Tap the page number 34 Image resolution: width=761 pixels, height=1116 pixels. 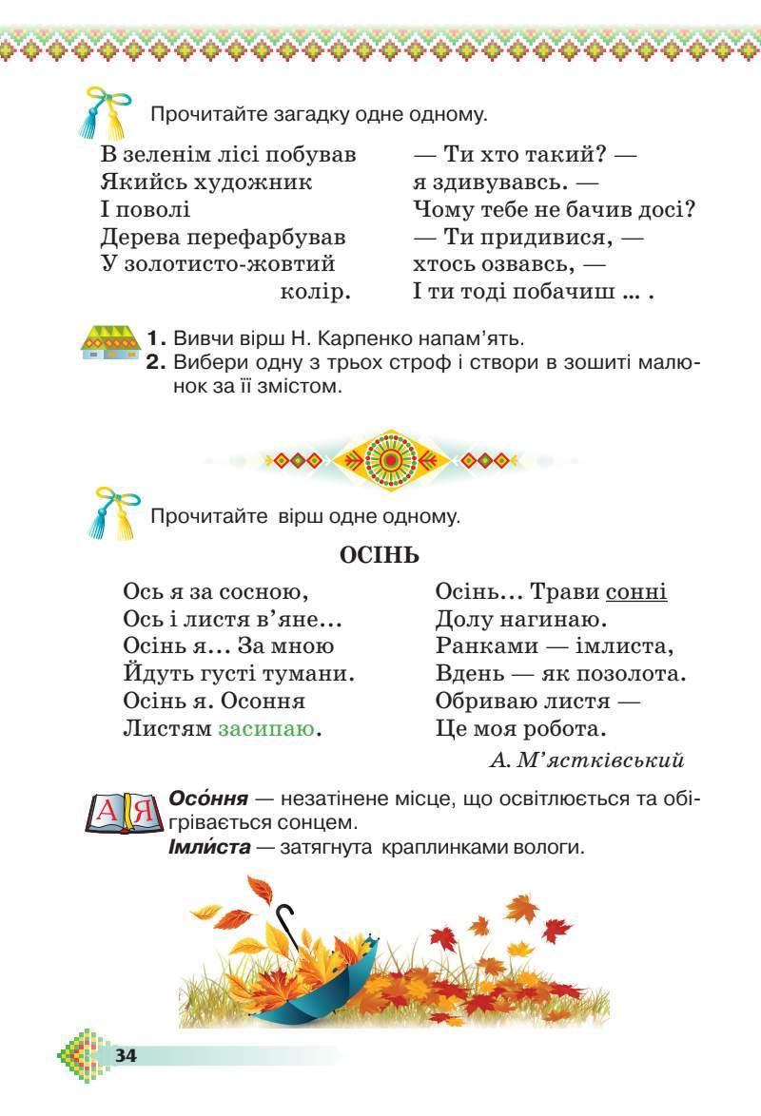(126, 1055)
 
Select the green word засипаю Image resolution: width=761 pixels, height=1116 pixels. (266, 730)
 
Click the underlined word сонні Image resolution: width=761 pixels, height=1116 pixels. (636, 592)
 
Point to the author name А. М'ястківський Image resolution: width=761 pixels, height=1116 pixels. (588, 760)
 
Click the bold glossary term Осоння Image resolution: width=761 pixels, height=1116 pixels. (207, 799)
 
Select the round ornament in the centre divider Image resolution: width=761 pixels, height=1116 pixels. (387, 460)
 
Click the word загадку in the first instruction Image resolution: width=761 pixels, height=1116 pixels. (296, 116)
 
